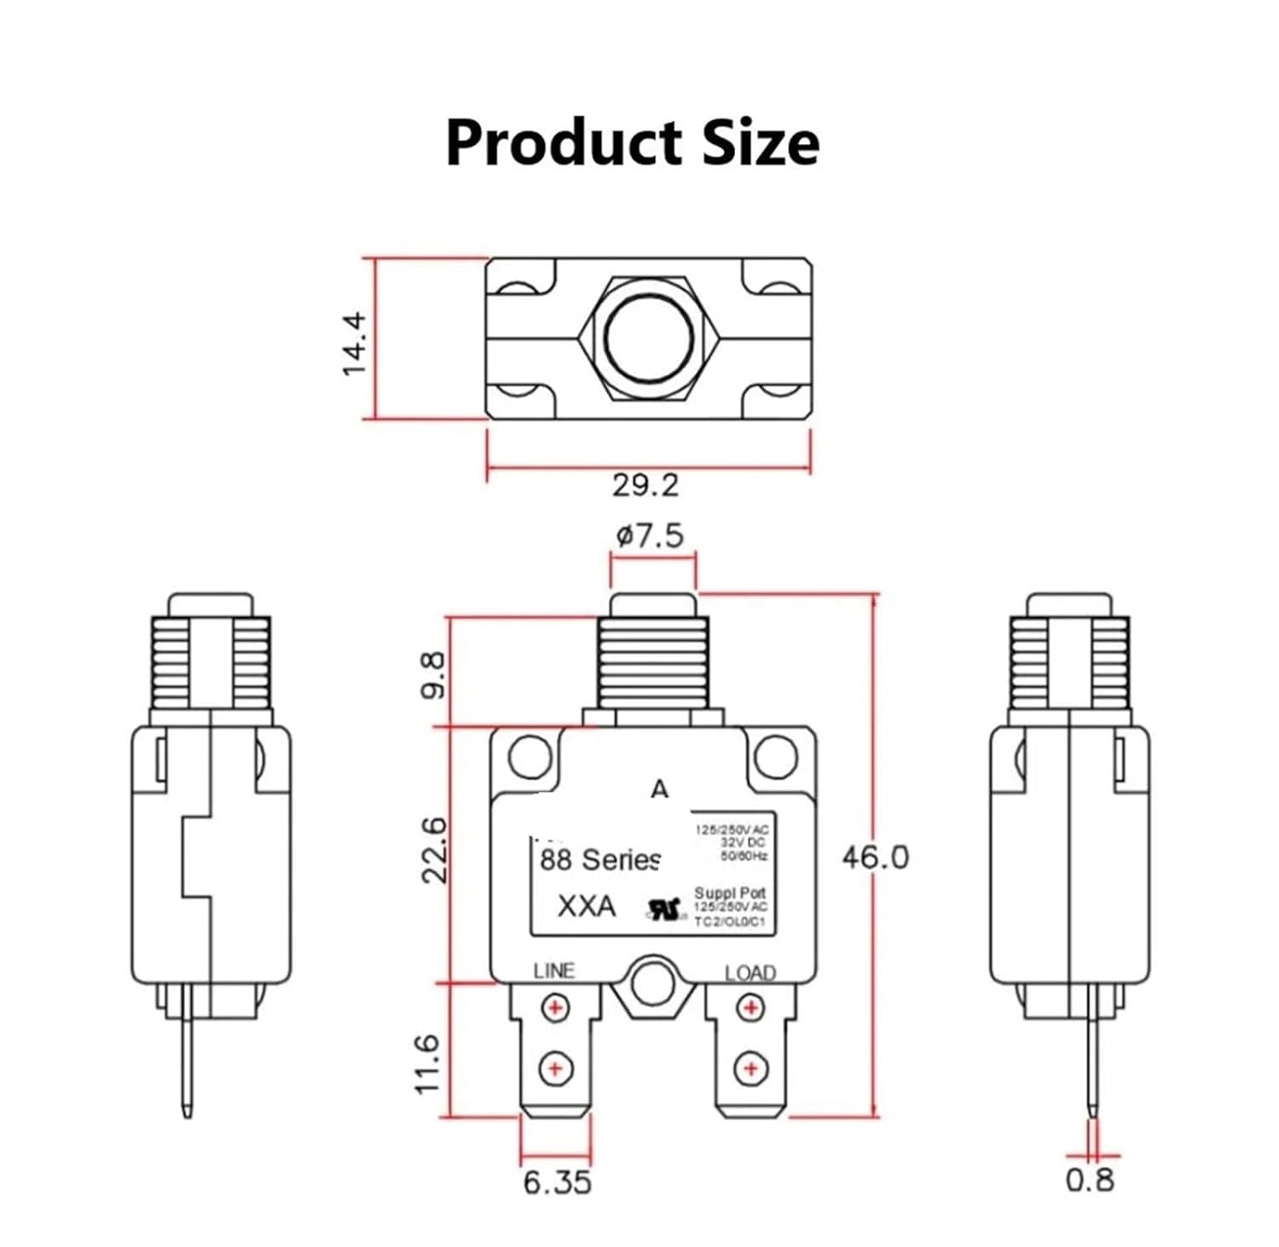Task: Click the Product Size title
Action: [632, 141]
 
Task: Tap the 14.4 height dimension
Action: [353, 343]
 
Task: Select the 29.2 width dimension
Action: [645, 485]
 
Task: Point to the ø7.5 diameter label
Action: [650, 535]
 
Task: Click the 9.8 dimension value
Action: [433, 675]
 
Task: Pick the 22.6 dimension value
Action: [433, 850]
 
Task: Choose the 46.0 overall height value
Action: [875, 857]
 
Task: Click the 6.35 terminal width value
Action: [557, 1182]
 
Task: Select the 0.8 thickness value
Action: [1090, 1180]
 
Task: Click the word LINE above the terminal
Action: [554, 971]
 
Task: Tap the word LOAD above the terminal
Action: [750, 973]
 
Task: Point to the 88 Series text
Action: [599, 860]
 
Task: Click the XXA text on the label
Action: [586, 905]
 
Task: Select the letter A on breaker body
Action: [659, 790]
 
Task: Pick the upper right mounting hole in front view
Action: [776, 756]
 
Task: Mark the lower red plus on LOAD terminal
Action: [750, 1067]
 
